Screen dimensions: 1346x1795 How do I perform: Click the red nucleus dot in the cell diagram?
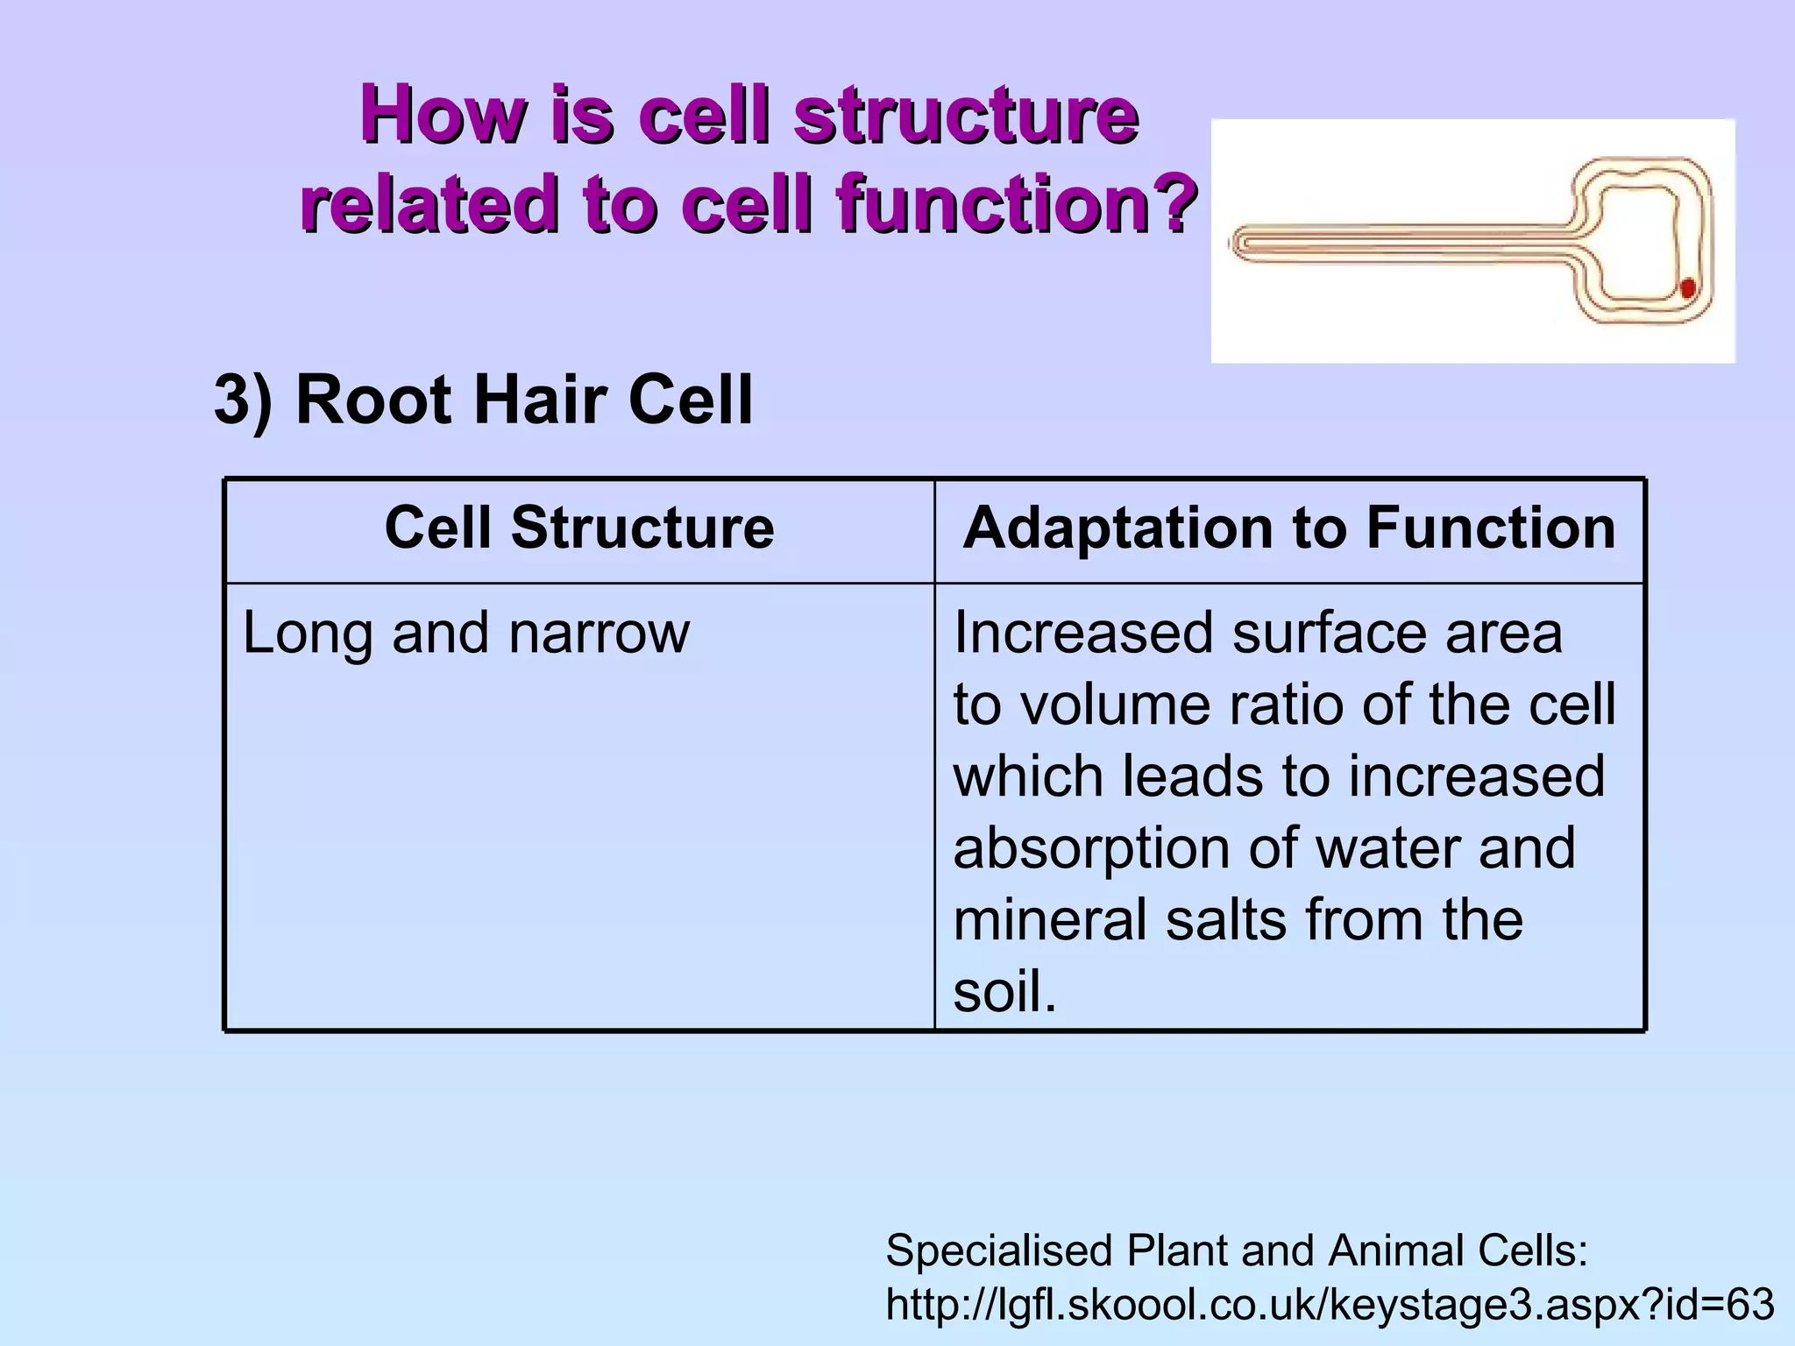[1687, 288]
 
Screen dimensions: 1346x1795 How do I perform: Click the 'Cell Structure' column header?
[579, 528]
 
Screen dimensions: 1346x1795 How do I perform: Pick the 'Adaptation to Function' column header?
[1288, 528]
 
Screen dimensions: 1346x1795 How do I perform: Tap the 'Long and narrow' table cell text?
[465, 633]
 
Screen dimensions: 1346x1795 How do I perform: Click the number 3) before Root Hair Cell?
[243, 400]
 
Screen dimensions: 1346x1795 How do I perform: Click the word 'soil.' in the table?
[1004, 992]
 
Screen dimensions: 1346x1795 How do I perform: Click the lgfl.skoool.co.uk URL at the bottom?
[1330, 1304]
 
